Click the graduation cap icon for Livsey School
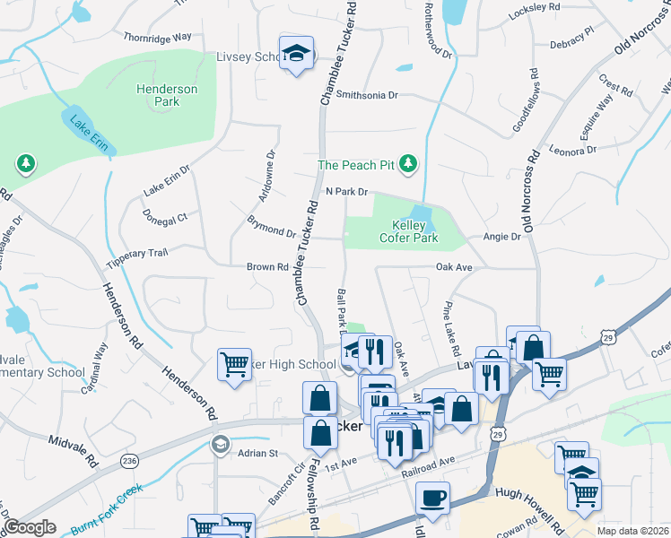click(x=295, y=54)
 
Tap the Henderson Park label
click(x=158, y=95)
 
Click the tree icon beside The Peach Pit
click(x=409, y=163)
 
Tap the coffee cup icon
click(x=432, y=498)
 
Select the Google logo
click(x=29, y=527)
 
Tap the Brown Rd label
click(x=268, y=267)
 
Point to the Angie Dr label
click(x=501, y=237)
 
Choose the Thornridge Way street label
click(x=158, y=38)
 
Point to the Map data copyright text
click(x=632, y=531)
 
